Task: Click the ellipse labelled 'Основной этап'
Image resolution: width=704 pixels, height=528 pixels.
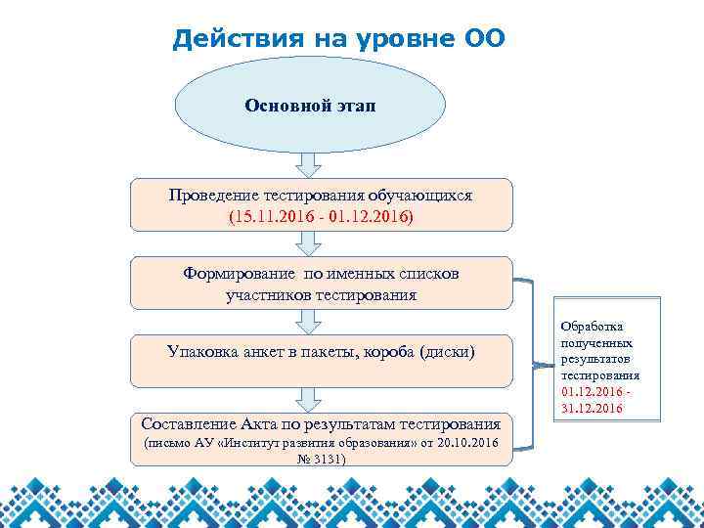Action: point(309,105)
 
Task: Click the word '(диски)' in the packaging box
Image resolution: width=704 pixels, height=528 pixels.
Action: point(447,350)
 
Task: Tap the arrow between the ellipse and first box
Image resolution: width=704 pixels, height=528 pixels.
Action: point(309,163)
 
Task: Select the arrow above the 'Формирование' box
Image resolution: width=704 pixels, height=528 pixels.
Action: point(309,244)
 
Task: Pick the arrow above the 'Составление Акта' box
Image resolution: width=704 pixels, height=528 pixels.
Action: point(309,398)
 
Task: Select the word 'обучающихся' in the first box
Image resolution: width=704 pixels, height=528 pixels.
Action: point(424,196)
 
